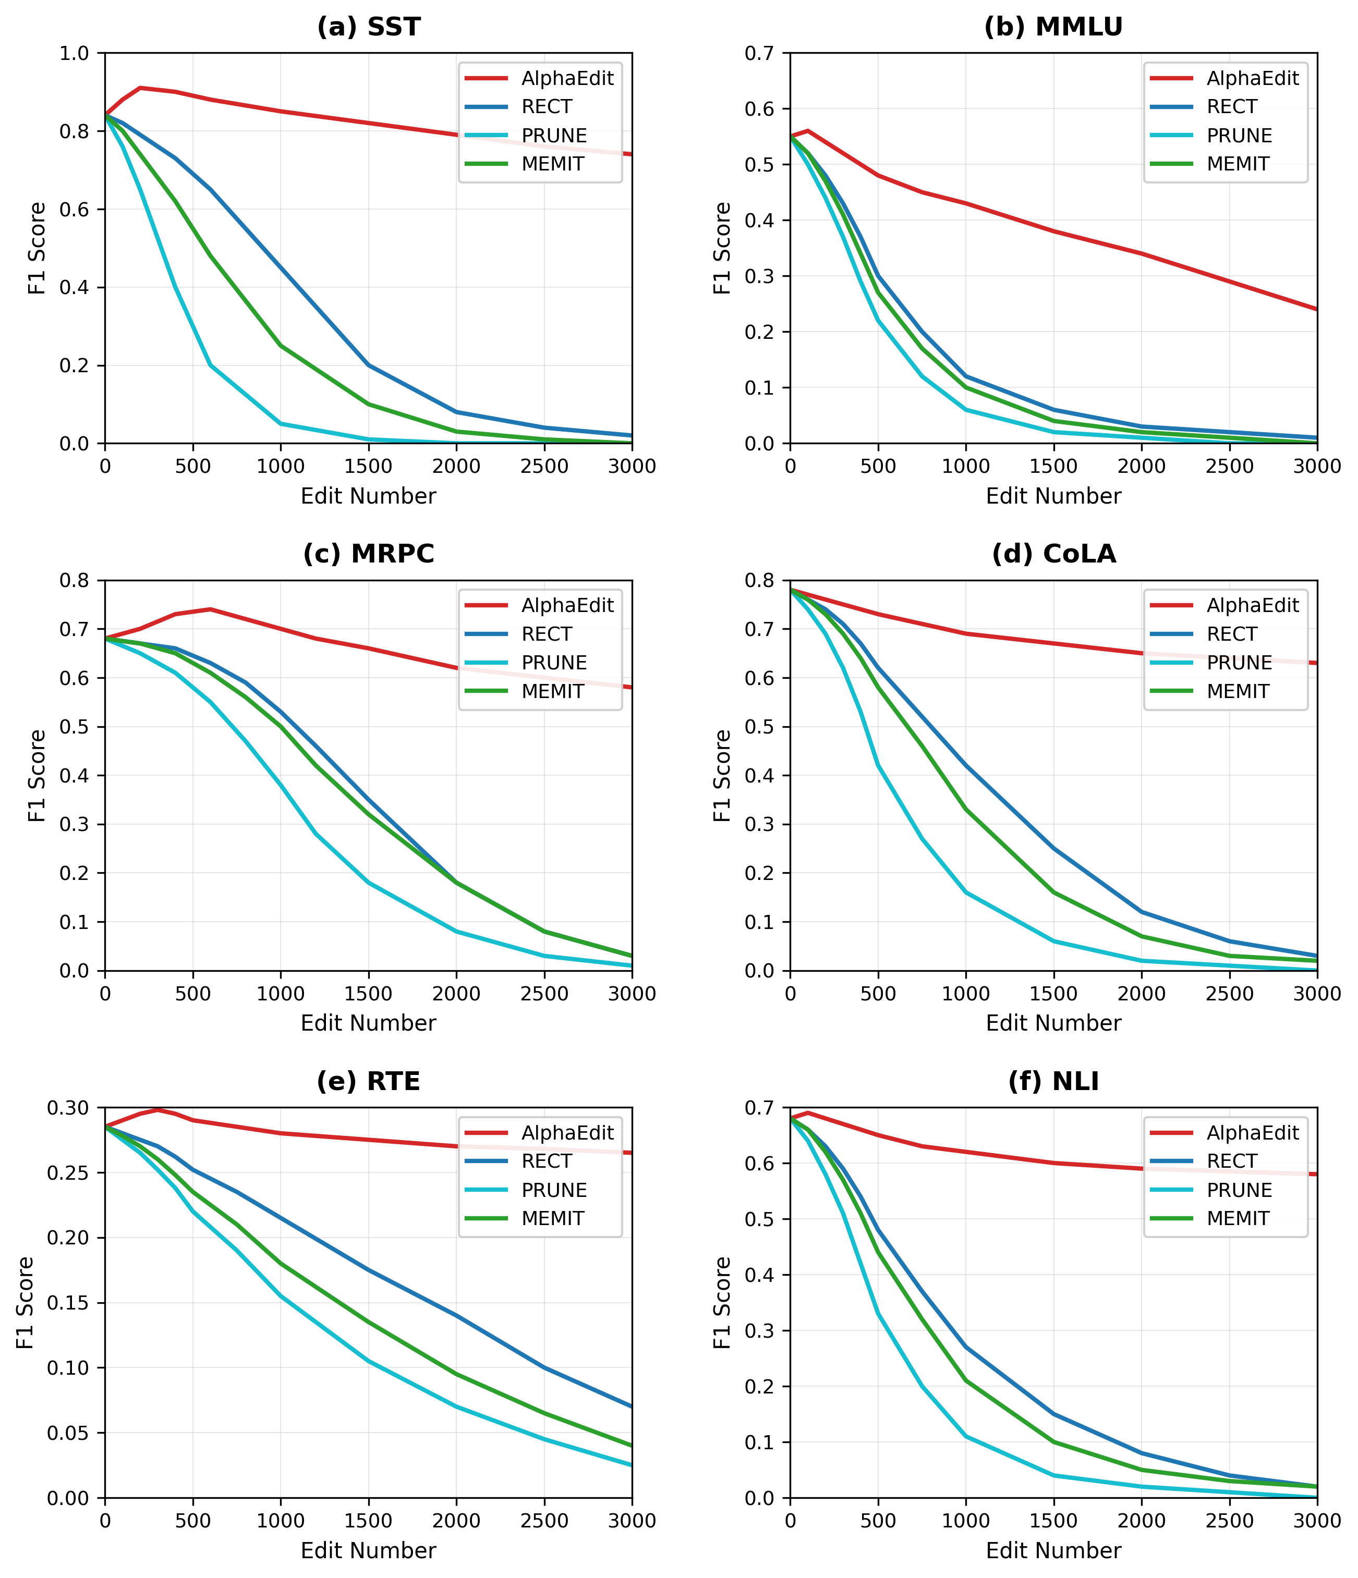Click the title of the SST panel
coord(368,28)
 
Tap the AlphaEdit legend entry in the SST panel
coord(567,78)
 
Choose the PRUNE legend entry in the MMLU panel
coord(1239,136)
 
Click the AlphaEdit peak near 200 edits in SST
coord(140,88)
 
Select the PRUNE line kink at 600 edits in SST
coord(210,365)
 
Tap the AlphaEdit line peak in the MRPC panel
coord(210,609)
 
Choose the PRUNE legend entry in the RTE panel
coord(554,1190)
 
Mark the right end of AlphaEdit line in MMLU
coord(1317,309)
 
